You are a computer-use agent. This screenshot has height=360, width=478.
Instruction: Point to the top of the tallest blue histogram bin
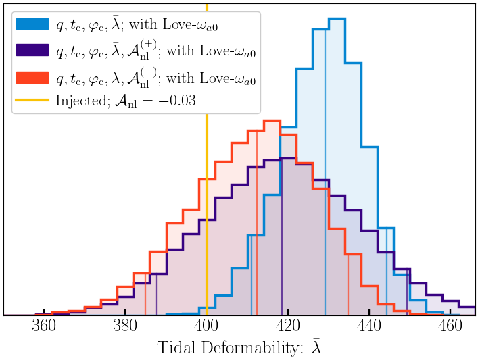tap(337, 19)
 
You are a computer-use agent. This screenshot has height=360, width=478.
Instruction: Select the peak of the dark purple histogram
tap(287, 159)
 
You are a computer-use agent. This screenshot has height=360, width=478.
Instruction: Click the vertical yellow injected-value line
tap(206, 203)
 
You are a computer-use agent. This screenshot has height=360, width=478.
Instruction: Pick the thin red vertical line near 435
tap(348, 284)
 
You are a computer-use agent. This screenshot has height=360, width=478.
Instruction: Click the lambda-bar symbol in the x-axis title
tap(316, 346)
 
